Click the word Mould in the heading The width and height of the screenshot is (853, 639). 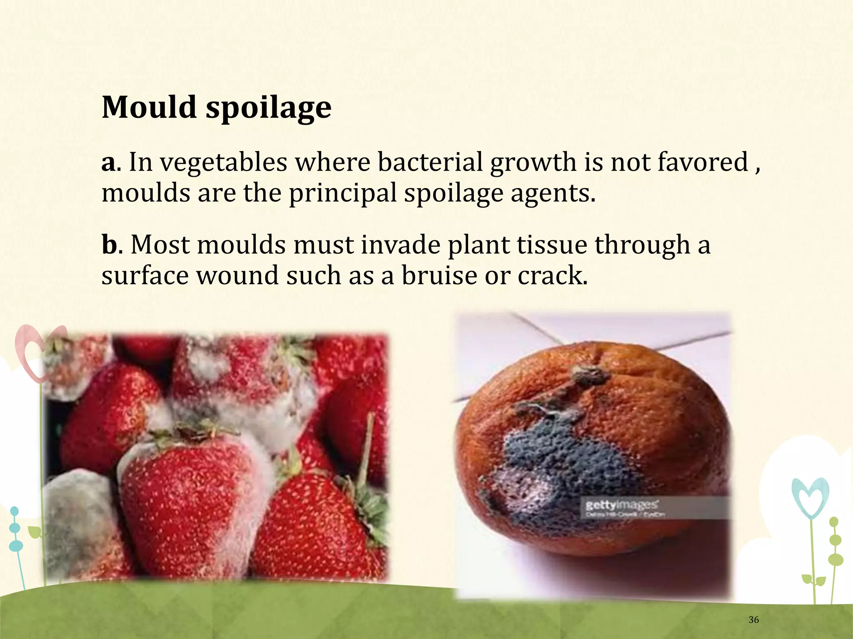tap(149, 107)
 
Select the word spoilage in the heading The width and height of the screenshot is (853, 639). tap(269, 108)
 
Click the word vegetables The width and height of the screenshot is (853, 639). tap(224, 163)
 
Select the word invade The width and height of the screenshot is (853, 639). tap(400, 244)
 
